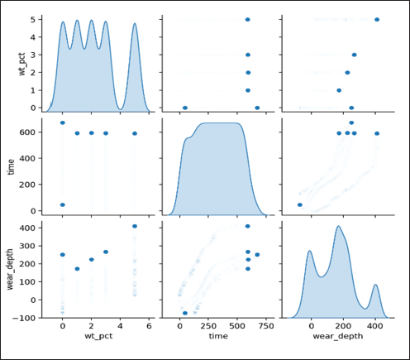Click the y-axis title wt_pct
pos(22,64)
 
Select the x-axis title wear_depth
pos(338,336)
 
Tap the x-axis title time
pos(218,336)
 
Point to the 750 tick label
pos(266,326)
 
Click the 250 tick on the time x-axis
pos(208,326)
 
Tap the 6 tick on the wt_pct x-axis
pos(149,326)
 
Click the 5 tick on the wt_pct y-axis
pos(33,19)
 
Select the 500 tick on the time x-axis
pos(237,326)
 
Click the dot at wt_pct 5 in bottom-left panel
pos(135,226)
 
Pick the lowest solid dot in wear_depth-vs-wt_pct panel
pos(77,269)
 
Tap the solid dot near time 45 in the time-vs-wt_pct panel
pos(63,204)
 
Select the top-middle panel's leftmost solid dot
pos(185,108)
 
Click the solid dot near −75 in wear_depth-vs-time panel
pos(185,313)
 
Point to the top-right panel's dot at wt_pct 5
pos(377,19)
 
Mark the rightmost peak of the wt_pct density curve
pos(135,23)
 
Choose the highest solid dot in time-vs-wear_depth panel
pos(351,122)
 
